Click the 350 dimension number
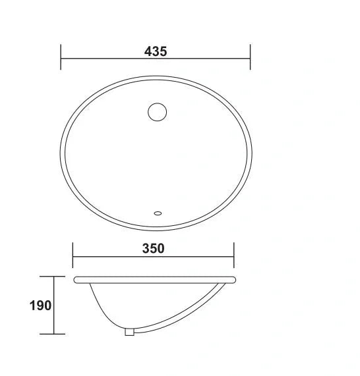pos(152,248)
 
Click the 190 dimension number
pos(42,306)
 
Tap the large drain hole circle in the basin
pos(157,111)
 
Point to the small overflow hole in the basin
pos(157,213)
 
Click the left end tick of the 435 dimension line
pos(61,56)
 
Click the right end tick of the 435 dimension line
pos(250,56)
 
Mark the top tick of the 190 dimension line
pos(53,277)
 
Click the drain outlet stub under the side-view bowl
pos(130,332)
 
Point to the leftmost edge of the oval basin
pos(61,152)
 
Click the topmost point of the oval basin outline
pos(156,76)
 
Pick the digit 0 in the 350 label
pos(161,248)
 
